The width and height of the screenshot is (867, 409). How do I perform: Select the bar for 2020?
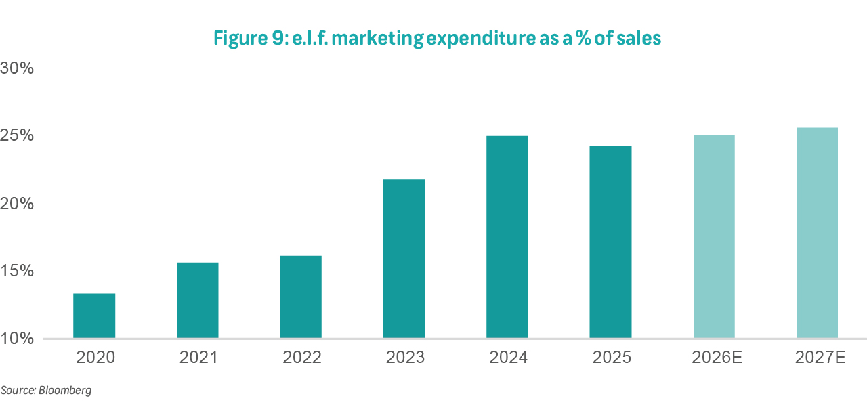pyautogui.click(x=94, y=316)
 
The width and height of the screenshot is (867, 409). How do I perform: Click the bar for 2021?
pyautogui.click(x=198, y=300)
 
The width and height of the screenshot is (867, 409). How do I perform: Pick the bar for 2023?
pyautogui.click(x=404, y=259)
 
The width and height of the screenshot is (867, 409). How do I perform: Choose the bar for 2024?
pyautogui.click(x=507, y=237)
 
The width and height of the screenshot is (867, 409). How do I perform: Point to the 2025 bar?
pyautogui.click(x=610, y=242)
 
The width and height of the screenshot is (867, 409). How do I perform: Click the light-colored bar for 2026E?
pyautogui.click(x=714, y=236)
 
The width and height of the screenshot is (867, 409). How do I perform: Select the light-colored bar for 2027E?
pyautogui.click(x=817, y=233)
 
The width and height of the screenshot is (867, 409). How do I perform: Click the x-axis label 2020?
pyautogui.click(x=95, y=358)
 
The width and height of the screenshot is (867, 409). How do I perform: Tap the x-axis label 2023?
pyautogui.click(x=404, y=358)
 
